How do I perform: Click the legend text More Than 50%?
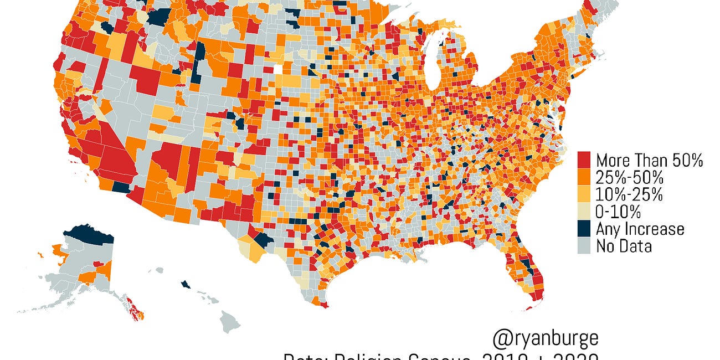(649, 161)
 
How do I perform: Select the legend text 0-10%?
(618, 212)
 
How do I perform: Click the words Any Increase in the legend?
(640, 229)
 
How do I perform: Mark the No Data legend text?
(624, 246)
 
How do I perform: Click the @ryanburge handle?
(545, 338)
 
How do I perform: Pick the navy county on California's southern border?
(120, 187)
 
